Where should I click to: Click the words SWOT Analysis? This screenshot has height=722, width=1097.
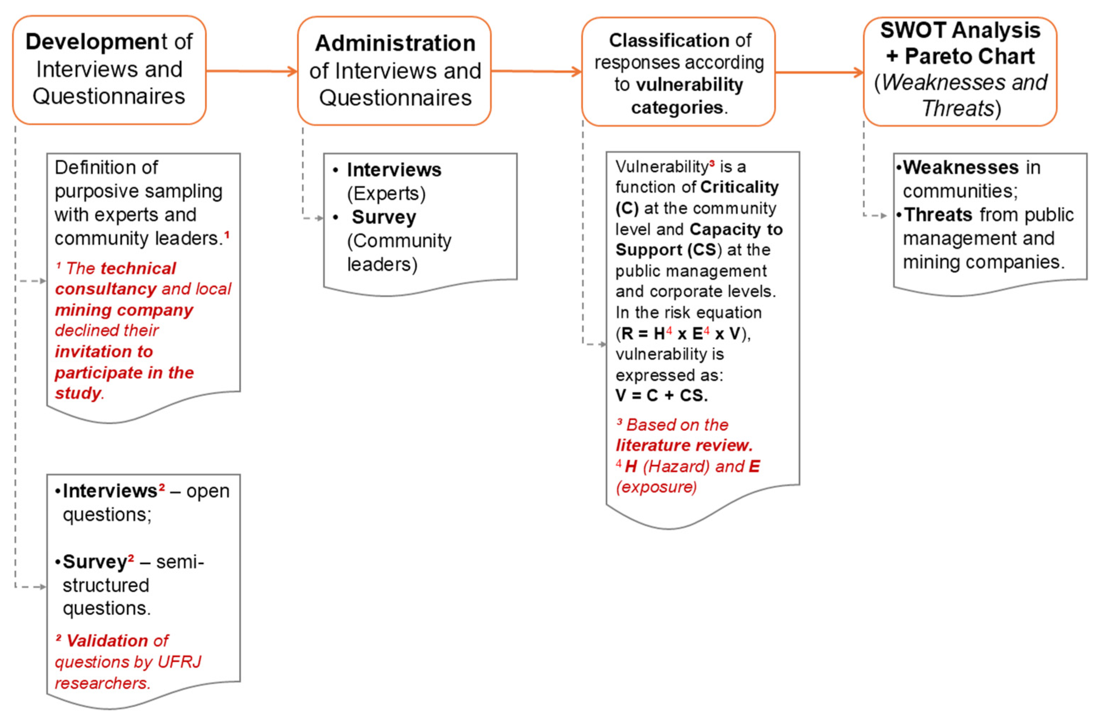tap(960, 30)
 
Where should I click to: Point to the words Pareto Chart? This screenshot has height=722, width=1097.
tap(969, 57)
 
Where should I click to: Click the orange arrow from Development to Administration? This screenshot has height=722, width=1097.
tap(251, 71)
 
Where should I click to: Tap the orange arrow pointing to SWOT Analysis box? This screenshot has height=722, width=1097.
tap(819, 72)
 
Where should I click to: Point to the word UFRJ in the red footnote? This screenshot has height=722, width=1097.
tap(179, 662)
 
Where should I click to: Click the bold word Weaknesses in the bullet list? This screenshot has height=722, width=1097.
tap(961, 167)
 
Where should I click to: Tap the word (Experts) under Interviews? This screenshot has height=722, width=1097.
tap(386, 194)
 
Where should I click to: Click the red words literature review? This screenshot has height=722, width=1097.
tap(684, 445)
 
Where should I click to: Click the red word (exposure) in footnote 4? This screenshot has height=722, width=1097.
tap(656, 487)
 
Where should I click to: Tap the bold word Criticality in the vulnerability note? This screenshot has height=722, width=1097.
tap(739, 187)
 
